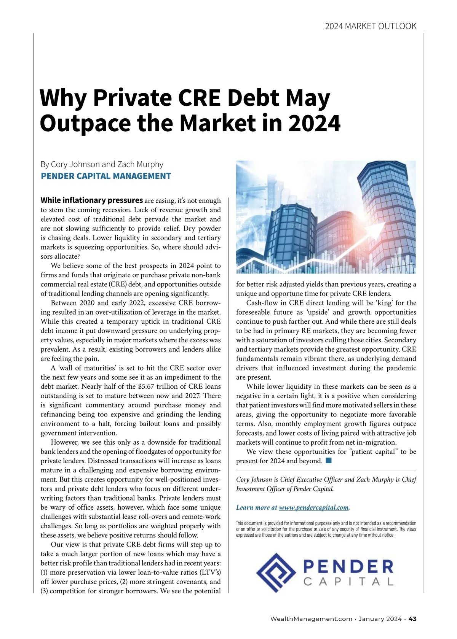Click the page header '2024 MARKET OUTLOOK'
coord(371,26)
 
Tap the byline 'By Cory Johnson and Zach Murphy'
coord(102,164)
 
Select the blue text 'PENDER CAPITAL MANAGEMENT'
coord(106,176)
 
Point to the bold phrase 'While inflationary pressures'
coord(91,200)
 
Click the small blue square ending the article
coord(329,461)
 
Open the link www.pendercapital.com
coord(314,507)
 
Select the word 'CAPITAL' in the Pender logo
coord(348,582)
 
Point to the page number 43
coord(412,619)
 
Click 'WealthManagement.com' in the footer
coord(311,619)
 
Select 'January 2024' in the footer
coord(380,619)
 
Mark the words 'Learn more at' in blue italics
coord(257,507)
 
